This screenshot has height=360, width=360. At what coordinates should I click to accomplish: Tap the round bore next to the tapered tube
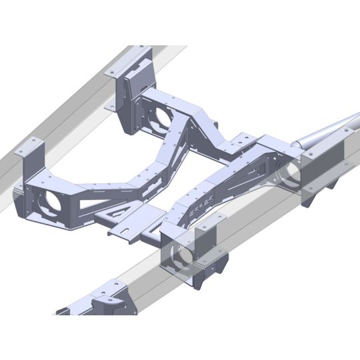pos(289,175)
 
